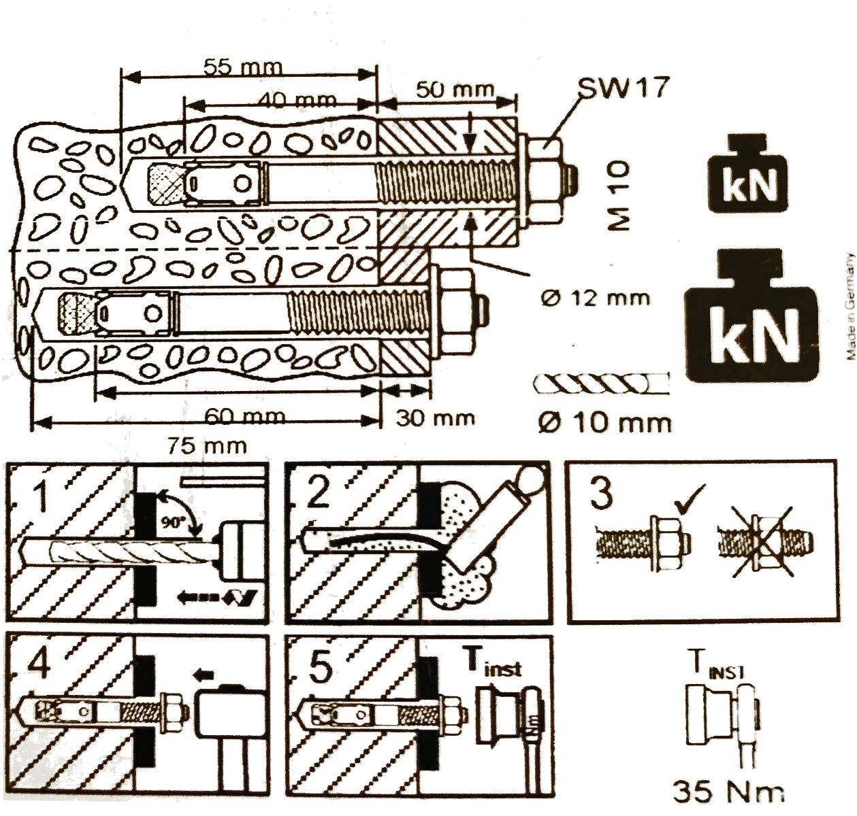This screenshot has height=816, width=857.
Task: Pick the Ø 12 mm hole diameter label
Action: (x=595, y=298)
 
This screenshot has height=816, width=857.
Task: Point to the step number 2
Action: (x=318, y=494)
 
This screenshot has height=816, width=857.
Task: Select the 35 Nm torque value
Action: (x=728, y=791)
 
